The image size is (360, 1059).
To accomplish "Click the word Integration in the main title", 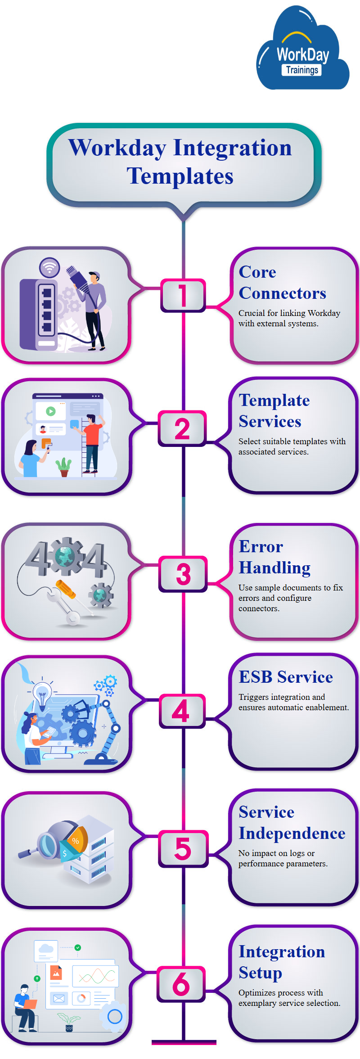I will pos(232,148).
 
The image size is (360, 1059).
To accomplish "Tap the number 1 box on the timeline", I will pos(183,295).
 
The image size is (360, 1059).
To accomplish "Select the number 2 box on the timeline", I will pos(182,428).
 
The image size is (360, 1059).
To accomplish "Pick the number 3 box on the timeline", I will pos(183,574).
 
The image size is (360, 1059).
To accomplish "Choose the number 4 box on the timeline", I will pos(181,711).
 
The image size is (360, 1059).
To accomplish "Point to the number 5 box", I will pos(183,848).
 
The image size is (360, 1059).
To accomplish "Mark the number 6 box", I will pos(181,984).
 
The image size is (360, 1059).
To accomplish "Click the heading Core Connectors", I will pos(282,283).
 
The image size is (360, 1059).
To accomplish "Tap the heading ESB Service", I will pos(286,677).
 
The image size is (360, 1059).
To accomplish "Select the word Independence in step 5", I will pos(292,833).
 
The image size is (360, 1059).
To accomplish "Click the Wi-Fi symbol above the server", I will pos(49,267).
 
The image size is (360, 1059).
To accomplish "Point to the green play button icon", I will pos(51,411).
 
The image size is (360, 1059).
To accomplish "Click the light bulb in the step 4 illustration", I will pos(42,693).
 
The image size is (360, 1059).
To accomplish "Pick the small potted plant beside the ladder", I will pos(64,467).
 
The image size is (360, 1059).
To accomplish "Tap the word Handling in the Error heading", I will pos(274,568).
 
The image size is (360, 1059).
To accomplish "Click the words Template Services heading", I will pos(274,411).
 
